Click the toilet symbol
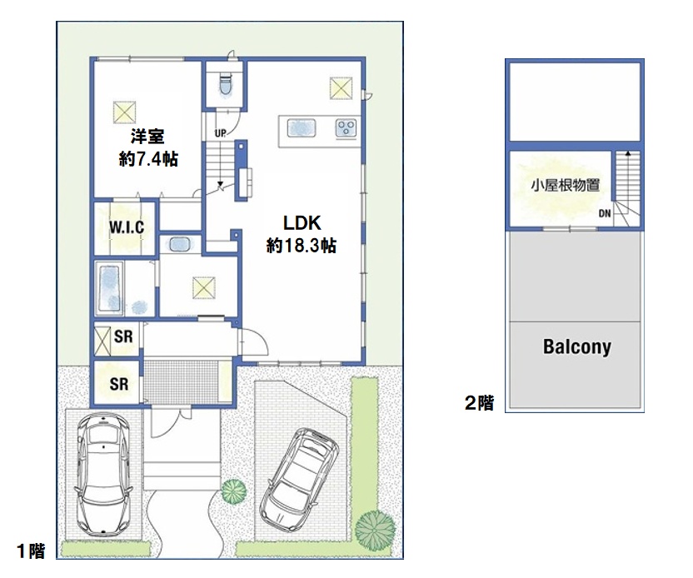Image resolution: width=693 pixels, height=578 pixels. pos(226,85)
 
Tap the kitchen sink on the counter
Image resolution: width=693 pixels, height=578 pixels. pos(302,128)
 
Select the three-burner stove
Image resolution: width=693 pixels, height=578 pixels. pos(346,128)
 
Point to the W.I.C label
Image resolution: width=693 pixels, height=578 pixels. pos(127,227)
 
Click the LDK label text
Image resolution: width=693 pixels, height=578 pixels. pos(302,223)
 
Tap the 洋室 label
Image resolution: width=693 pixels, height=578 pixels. pos(147,137)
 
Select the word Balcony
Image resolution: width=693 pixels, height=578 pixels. pos(576,347)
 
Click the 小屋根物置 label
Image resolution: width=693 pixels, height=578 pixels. pos(566,185)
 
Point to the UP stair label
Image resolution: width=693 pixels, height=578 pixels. pos(220,132)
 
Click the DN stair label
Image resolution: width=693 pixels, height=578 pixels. pos(605,213)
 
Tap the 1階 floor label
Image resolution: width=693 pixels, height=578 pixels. pos(31,551)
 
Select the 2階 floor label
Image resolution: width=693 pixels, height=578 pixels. pos(480,402)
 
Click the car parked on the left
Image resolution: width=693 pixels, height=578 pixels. pos(104,474)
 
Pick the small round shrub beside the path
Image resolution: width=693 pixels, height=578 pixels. pos(233,491)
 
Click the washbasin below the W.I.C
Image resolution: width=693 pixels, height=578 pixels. pos(179,244)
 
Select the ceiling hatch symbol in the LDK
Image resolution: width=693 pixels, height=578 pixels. pos(342,88)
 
